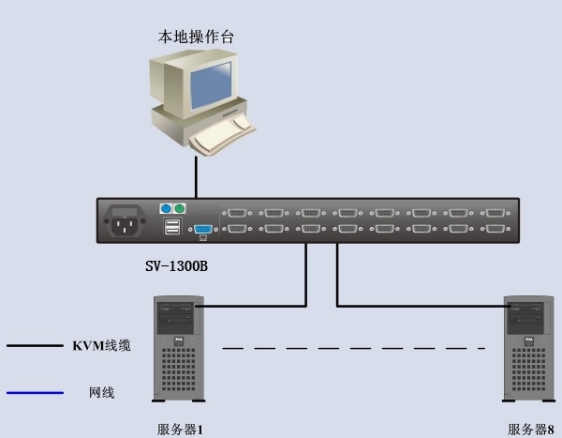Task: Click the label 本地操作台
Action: pyautogui.click(x=196, y=37)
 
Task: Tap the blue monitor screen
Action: pyautogui.click(x=211, y=85)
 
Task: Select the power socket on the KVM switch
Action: pyautogui.click(x=125, y=220)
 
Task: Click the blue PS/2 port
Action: pyautogui.click(x=166, y=208)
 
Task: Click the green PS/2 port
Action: pyautogui.click(x=180, y=208)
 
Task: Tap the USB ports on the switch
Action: pyautogui.click(x=172, y=226)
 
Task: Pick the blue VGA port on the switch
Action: pyautogui.click(x=203, y=229)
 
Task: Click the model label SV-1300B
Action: pyautogui.click(x=176, y=266)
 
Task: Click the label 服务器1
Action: pyautogui.click(x=180, y=430)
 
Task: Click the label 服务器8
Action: pyautogui.click(x=530, y=430)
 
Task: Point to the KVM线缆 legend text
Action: pyautogui.click(x=102, y=346)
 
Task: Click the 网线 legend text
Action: pyautogui.click(x=102, y=393)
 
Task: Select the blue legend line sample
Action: pyautogui.click(x=36, y=393)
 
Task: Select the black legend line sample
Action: pyautogui.click(x=36, y=346)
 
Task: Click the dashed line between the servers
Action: pyautogui.click(x=354, y=348)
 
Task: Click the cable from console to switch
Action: pyautogui.click(x=196, y=177)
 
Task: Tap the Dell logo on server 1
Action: pyautogui.click(x=178, y=340)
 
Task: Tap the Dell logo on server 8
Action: pyautogui.click(x=528, y=340)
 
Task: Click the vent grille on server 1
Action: pyautogui.click(x=179, y=370)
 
